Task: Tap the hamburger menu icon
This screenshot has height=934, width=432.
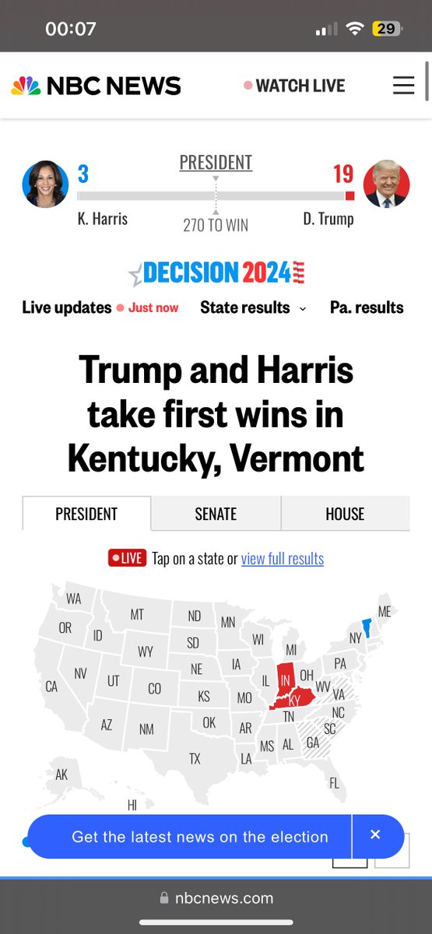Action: coord(403,86)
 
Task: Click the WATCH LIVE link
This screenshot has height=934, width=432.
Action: coord(300,86)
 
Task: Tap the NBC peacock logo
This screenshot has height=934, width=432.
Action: coord(26,86)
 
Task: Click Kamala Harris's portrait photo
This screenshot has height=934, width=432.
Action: coord(44,184)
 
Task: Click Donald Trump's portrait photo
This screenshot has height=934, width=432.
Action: coord(386,184)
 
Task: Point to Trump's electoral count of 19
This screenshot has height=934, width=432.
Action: coord(343,174)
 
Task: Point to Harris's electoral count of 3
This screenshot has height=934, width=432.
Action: coord(83,174)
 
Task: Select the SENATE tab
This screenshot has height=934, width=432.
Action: coord(216,514)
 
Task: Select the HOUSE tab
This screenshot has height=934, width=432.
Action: coord(345,514)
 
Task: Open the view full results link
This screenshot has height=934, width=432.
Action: coord(282,558)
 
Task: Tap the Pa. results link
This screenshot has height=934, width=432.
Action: coord(367,307)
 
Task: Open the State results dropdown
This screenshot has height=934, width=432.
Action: coord(252,307)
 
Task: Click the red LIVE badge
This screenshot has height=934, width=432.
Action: coord(127,558)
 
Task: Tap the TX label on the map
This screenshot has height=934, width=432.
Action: coord(195,758)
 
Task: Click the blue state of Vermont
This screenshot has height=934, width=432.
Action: coord(367,627)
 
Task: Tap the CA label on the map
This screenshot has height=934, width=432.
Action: coord(51,686)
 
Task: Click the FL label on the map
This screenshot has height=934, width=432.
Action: coord(334,783)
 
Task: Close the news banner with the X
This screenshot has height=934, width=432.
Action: coord(375,835)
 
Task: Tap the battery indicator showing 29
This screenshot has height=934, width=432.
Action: coord(385,29)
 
